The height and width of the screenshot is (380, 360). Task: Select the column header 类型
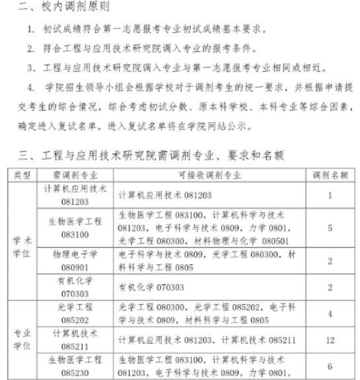(x=22, y=175)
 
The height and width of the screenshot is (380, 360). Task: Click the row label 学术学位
(x=22, y=241)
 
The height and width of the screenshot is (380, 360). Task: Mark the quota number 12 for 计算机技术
(x=330, y=340)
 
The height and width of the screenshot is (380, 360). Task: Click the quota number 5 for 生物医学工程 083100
(x=330, y=227)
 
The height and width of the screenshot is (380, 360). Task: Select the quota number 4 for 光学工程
(x=330, y=313)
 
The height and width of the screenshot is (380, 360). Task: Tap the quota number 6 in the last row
(x=330, y=365)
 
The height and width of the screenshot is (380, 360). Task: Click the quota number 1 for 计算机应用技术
(x=330, y=195)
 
